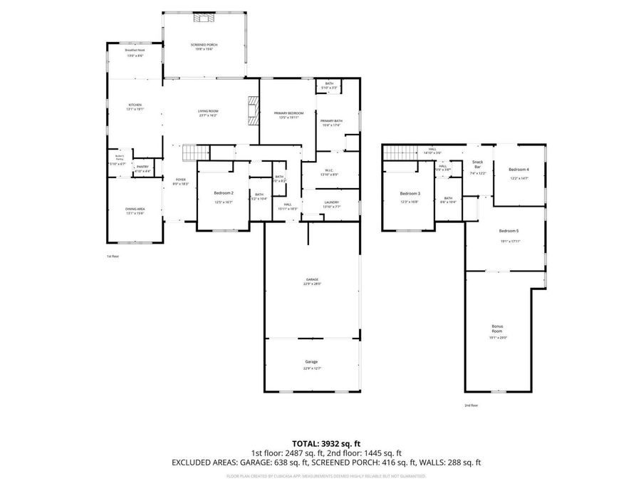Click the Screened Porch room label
tap(204, 45)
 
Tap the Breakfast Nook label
tap(135, 51)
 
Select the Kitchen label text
tap(135, 105)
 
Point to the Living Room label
tap(208, 111)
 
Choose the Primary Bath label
tap(331, 121)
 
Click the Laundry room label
tap(331, 202)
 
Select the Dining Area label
tap(135, 209)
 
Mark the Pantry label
tap(143, 167)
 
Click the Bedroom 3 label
tap(410, 194)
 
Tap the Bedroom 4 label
tap(518, 169)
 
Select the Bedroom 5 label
tap(509, 231)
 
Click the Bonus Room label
tap(497, 329)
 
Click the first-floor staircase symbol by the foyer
tap(194, 152)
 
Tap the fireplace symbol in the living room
tap(252, 108)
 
